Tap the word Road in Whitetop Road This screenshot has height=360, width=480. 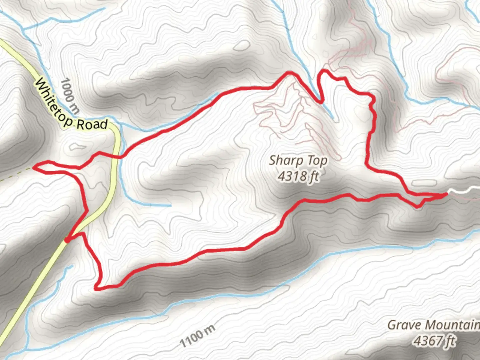[92, 124]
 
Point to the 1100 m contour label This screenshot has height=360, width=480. [197, 335]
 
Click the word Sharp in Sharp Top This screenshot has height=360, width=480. [283, 161]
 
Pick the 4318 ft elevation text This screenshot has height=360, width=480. [298, 176]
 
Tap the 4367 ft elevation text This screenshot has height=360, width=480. [434, 341]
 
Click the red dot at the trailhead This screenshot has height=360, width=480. [67, 240]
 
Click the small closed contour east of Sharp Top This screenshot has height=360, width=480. [424, 183]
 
